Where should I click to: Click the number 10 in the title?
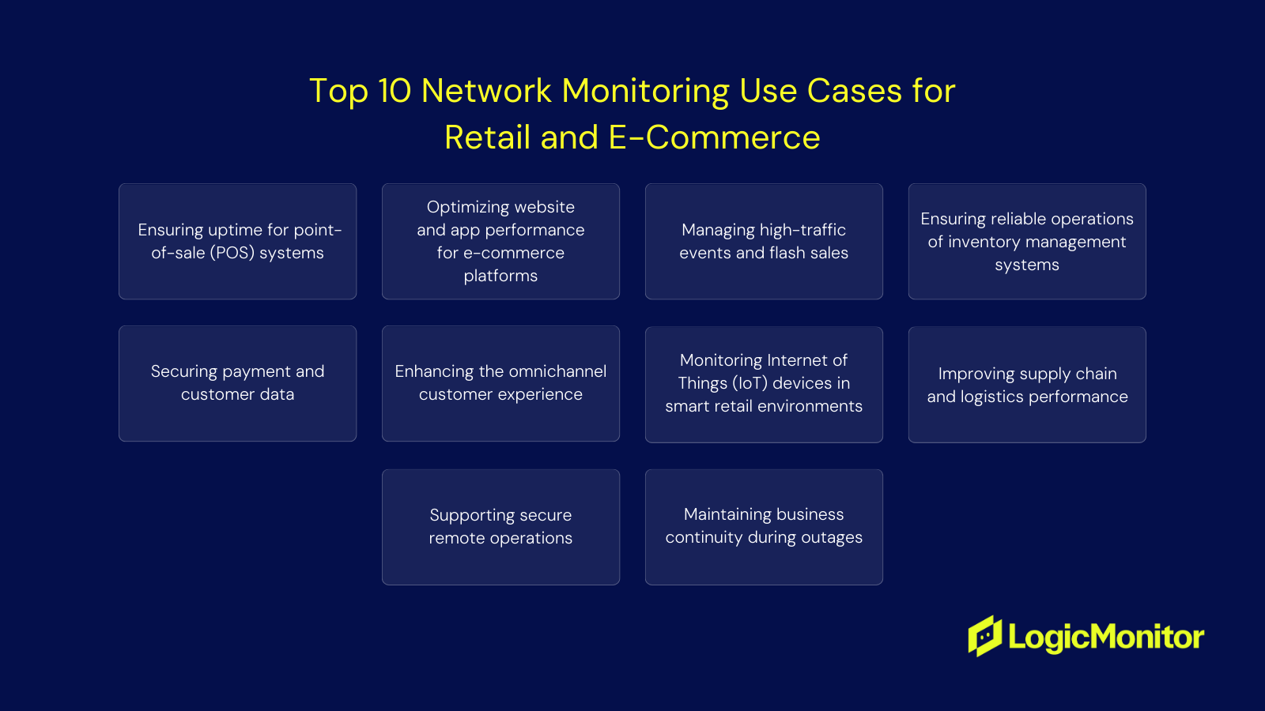tap(395, 91)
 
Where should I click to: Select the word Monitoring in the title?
tap(646, 92)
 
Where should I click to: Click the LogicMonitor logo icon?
tap(985, 636)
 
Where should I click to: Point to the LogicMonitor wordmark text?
tap(1106, 637)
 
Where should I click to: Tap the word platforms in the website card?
tap(500, 276)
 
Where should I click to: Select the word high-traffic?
tap(802, 230)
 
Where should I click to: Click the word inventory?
tap(981, 242)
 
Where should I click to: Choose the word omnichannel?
tap(558, 371)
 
